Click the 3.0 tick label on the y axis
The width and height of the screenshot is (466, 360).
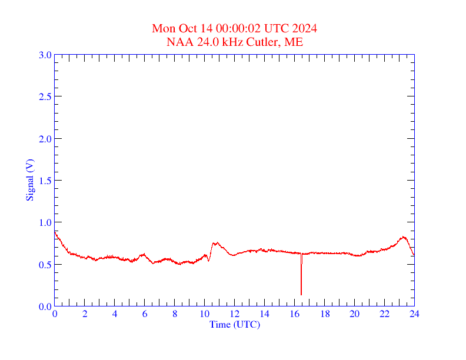(x=45, y=55)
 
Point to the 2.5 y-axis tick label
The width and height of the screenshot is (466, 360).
(x=45, y=96)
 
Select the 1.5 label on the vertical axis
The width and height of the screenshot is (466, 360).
(x=45, y=181)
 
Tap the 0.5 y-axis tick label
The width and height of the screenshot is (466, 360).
(x=45, y=265)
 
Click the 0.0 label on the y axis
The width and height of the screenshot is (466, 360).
(x=45, y=306)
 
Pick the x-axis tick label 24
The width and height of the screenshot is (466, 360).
(x=414, y=314)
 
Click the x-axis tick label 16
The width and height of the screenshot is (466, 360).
(x=294, y=314)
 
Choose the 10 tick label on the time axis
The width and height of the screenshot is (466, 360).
(x=204, y=314)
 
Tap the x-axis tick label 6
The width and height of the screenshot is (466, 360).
(x=145, y=314)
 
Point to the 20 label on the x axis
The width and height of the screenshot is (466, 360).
(x=354, y=314)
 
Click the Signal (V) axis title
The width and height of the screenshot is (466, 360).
(x=29, y=180)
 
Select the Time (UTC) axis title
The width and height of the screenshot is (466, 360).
(x=234, y=324)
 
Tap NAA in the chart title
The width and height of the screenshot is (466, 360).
(x=179, y=42)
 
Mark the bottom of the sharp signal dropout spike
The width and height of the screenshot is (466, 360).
(x=301, y=294)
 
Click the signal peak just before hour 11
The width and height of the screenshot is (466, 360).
(x=216, y=242)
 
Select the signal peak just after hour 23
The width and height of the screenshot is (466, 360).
(x=403, y=236)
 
